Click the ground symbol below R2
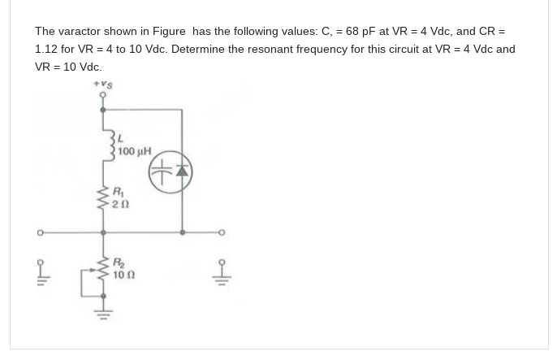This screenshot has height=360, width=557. pos(104,308)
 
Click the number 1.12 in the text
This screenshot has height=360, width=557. pos(47,49)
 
